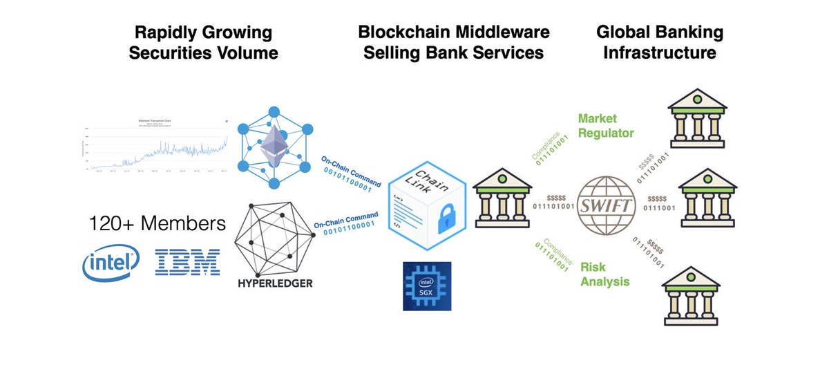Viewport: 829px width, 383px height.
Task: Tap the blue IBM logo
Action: pos(188,263)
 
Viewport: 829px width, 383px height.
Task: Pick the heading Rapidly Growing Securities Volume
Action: pos(203,43)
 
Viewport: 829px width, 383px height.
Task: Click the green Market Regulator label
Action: pos(606,125)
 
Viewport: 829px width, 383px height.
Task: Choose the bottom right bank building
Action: pos(691,295)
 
